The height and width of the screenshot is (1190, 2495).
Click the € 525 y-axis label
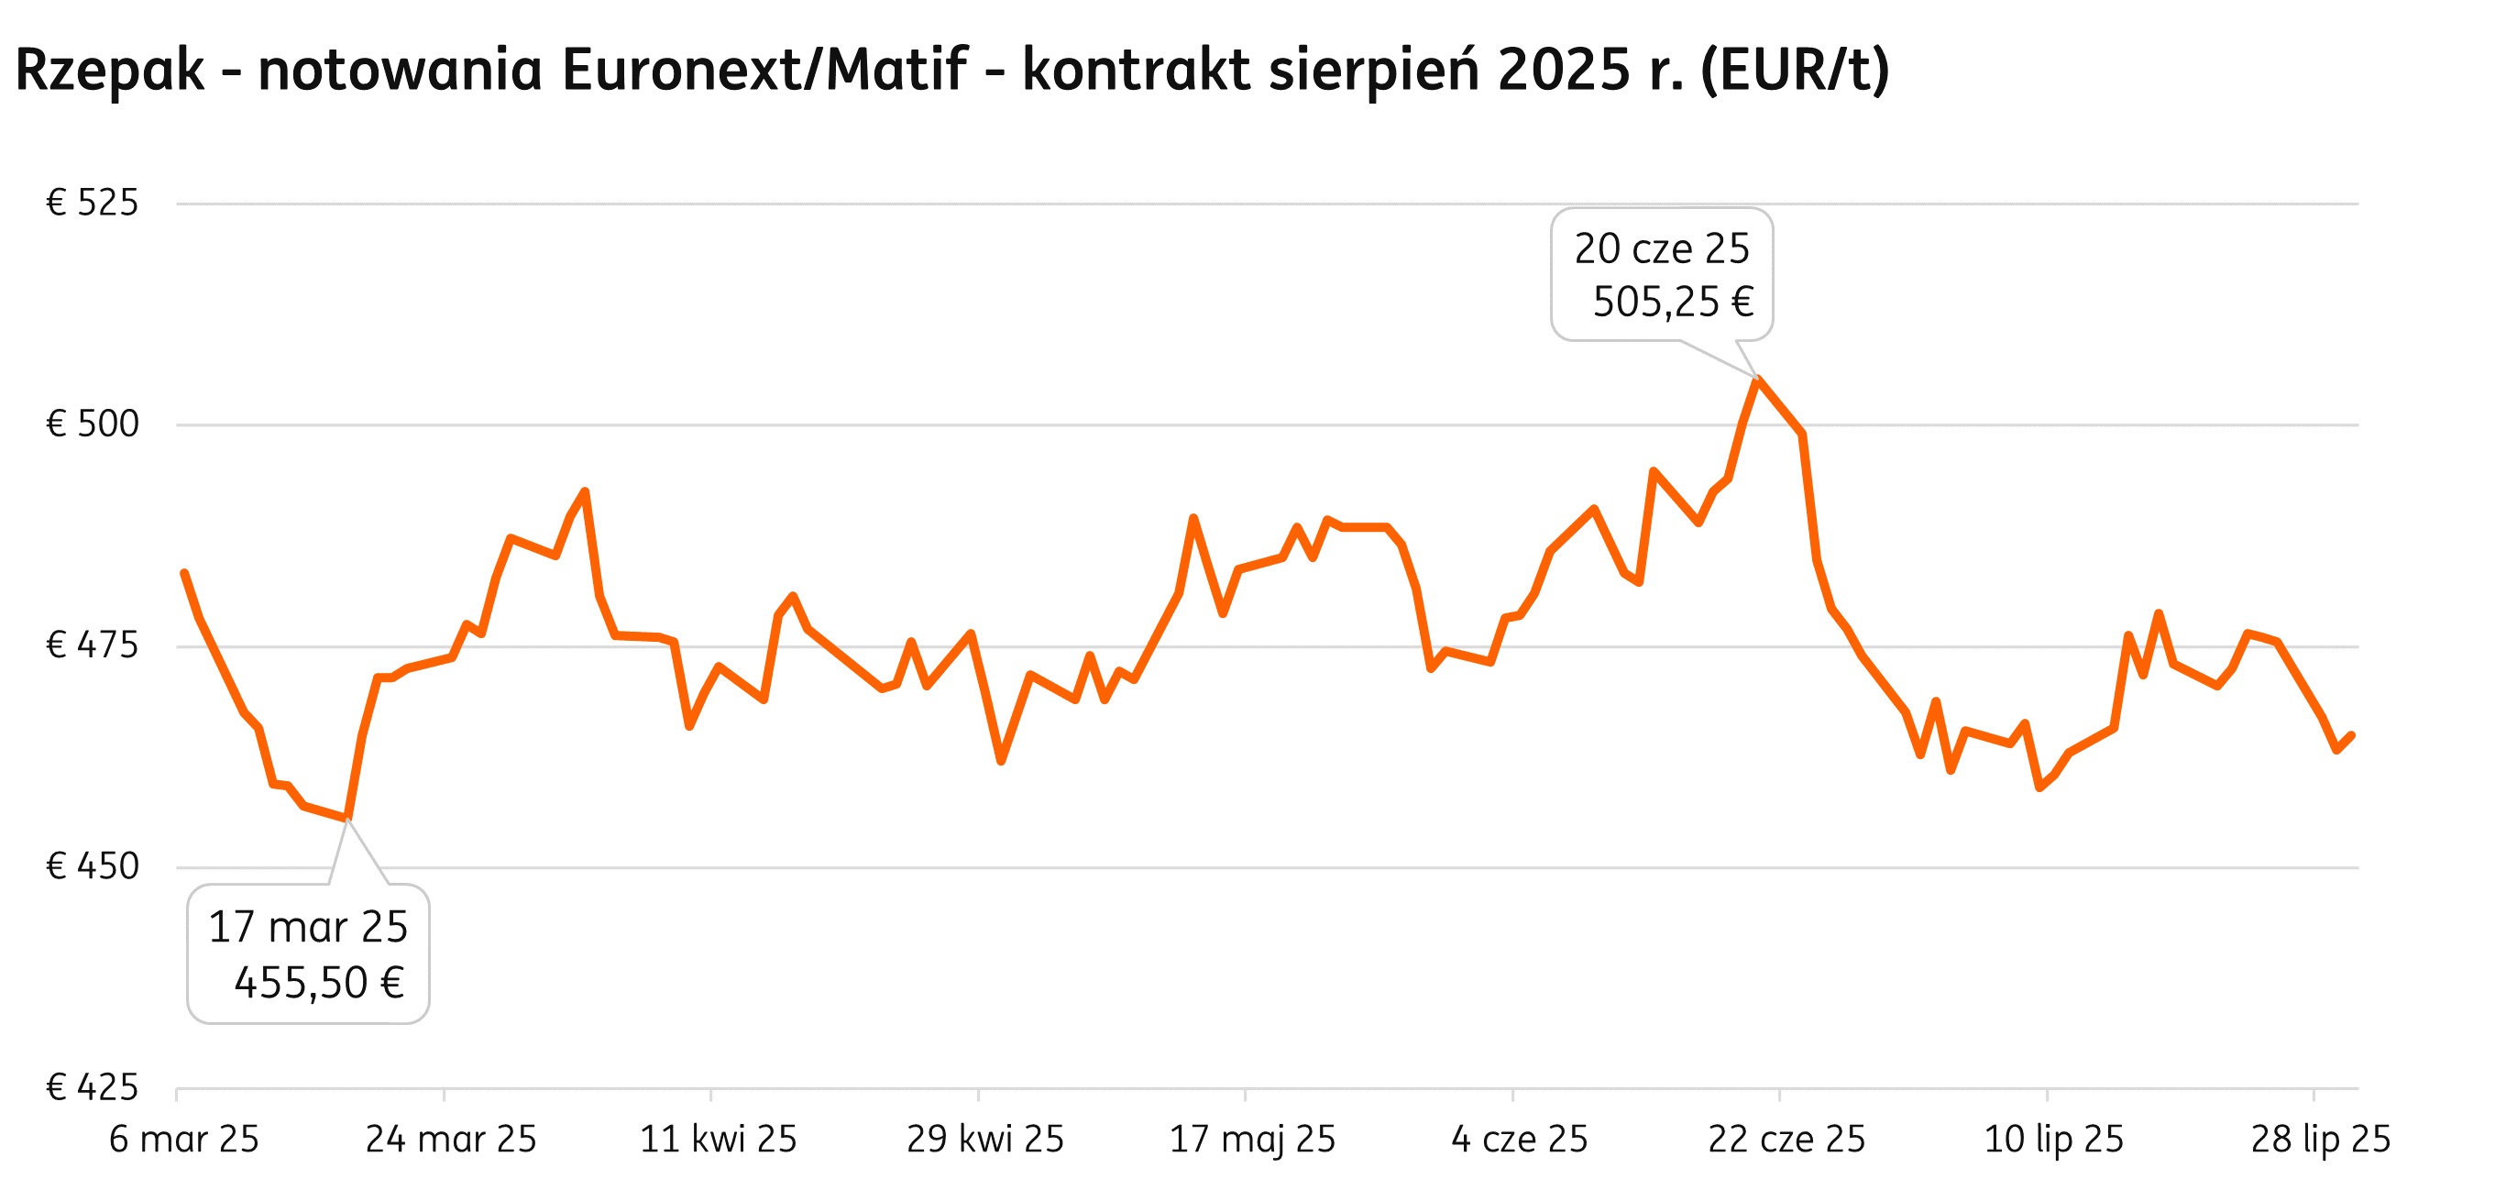(92, 204)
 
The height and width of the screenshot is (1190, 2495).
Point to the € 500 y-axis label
(92, 424)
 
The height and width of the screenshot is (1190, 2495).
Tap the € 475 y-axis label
(92, 645)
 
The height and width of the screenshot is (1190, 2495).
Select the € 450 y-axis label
(92, 866)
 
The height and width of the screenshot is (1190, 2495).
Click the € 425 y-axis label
(92, 1087)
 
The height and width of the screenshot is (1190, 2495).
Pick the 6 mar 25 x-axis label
(184, 1140)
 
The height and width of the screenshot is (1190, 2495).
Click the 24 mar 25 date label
(450, 1140)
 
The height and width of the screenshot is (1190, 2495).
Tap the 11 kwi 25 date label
(718, 1140)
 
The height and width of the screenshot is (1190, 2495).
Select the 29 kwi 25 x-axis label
(985, 1140)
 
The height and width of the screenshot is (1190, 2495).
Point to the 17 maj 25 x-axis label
(1252, 1140)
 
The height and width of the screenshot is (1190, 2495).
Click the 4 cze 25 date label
(1520, 1140)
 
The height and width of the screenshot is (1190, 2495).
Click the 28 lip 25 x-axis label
(2321, 1140)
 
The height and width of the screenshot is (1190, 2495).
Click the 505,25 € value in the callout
(1673, 303)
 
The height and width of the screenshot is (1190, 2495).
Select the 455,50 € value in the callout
(319, 983)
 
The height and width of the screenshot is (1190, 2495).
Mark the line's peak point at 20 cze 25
(1757, 379)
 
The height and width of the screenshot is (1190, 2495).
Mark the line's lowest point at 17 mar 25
(347, 820)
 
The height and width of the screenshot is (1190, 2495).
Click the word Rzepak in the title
(109, 70)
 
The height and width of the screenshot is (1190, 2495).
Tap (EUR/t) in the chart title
(1795, 70)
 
